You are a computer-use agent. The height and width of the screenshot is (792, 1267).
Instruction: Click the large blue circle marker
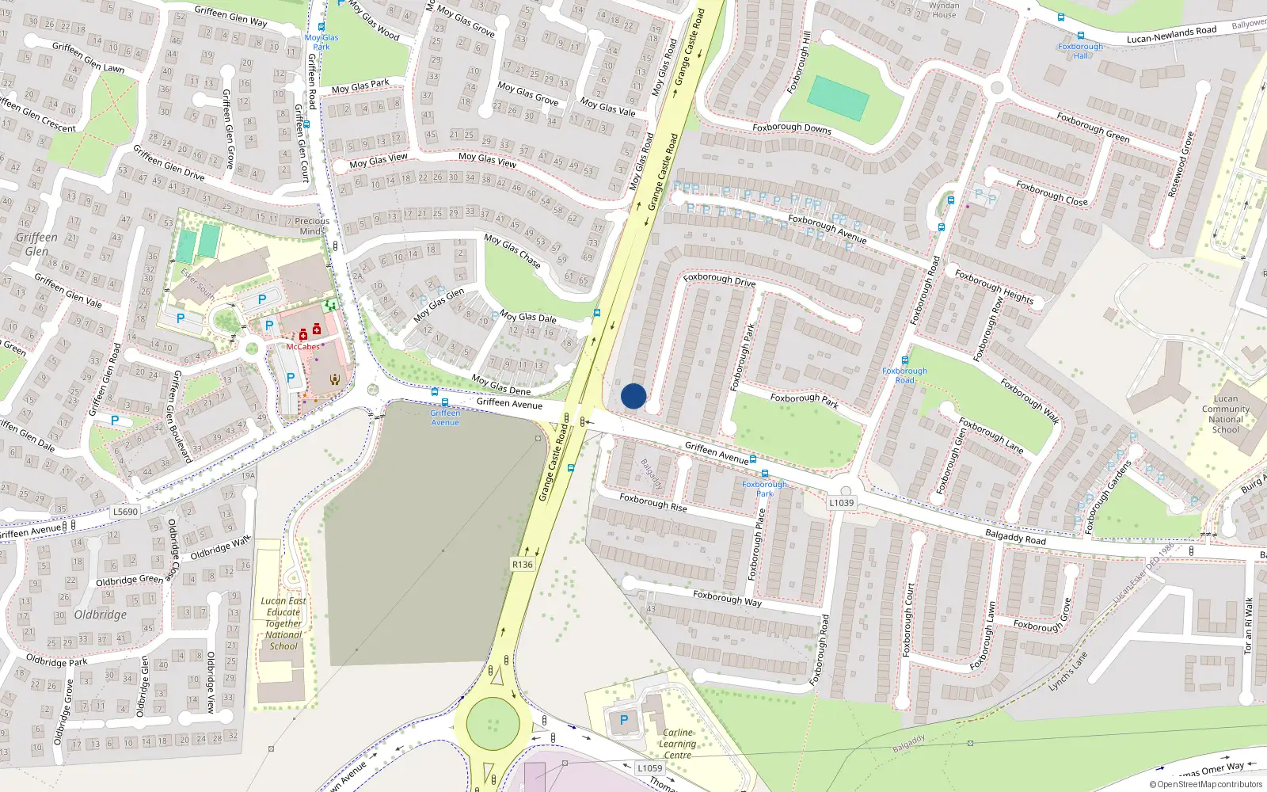(633, 396)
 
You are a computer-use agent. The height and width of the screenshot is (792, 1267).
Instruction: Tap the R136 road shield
(523, 565)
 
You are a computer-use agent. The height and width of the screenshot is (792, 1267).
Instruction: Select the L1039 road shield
(842, 503)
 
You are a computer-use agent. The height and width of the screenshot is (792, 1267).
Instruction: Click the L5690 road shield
(125, 512)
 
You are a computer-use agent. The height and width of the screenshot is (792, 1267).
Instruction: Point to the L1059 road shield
(650, 768)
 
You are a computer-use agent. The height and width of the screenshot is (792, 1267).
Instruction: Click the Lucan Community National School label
(1225, 414)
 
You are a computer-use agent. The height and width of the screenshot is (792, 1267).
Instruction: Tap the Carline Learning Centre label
(678, 744)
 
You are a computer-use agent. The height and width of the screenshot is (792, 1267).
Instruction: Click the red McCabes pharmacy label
(303, 347)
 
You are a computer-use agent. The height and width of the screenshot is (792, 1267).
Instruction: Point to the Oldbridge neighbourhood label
(101, 615)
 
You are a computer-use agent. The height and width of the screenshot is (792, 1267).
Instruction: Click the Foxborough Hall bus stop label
(1080, 51)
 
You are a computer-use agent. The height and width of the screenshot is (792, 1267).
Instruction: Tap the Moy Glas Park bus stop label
(322, 42)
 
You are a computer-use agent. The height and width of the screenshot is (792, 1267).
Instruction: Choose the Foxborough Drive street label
(719, 279)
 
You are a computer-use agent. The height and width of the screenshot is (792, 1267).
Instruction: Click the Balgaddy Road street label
(1015, 537)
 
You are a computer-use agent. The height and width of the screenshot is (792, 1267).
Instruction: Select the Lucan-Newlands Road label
(1171, 35)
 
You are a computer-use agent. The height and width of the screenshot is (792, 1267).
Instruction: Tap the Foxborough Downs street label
(792, 128)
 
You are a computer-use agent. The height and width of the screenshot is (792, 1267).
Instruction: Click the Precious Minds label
(312, 227)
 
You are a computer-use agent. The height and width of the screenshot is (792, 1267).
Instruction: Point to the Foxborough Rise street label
(653, 503)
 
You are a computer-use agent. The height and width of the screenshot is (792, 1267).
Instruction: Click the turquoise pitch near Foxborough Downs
(838, 98)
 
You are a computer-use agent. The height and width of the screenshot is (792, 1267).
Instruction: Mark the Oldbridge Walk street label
(220, 547)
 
